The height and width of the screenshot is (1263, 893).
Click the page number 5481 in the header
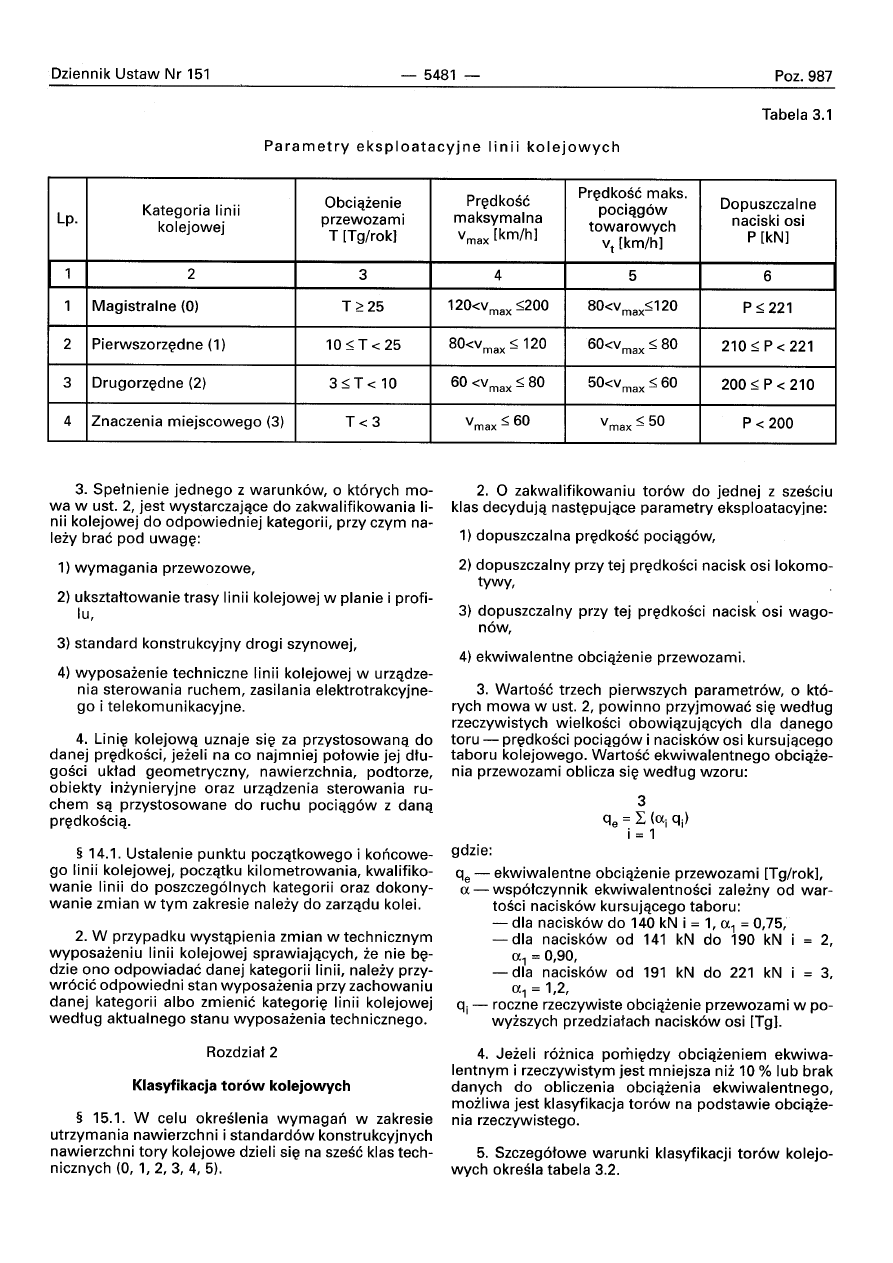(439, 76)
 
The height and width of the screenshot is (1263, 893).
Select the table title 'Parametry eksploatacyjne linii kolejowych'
(441, 147)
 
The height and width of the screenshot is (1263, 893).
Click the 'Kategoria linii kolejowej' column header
(191, 219)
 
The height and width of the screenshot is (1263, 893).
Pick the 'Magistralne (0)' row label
(146, 307)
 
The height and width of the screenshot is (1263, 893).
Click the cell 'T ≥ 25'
(361, 307)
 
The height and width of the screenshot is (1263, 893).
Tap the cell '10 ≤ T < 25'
(361, 345)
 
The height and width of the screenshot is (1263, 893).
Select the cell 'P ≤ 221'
(767, 308)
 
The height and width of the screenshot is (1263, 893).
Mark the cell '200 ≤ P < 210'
(767, 384)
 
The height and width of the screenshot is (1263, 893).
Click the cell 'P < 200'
(767, 422)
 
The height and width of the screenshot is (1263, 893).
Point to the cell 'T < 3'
(361, 421)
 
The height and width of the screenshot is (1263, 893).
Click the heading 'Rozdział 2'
(241, 1053)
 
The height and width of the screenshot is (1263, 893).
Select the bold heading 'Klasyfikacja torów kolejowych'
(241, 1085)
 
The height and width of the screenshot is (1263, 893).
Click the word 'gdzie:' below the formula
(471, 851)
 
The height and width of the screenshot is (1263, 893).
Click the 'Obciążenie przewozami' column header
(361, 219)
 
